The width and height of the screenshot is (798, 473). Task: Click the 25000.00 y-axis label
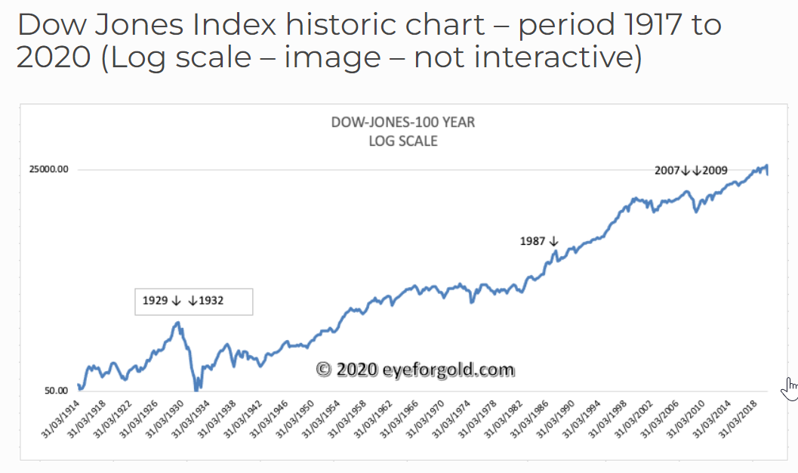(49, 170)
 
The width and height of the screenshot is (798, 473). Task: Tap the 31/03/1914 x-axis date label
(61, 423)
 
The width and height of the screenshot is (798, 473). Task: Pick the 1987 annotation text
(532, 242)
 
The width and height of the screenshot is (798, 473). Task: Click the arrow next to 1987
(553, 242)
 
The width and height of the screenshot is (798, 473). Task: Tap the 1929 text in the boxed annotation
(156, 301)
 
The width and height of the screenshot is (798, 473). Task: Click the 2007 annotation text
(667, 171)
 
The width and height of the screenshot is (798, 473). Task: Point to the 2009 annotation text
(714, 171)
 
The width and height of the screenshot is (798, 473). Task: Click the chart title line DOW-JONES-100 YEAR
(403, 122)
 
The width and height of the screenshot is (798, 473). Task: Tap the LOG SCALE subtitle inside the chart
(403, 141)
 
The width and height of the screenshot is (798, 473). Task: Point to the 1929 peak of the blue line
(178, 323)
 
